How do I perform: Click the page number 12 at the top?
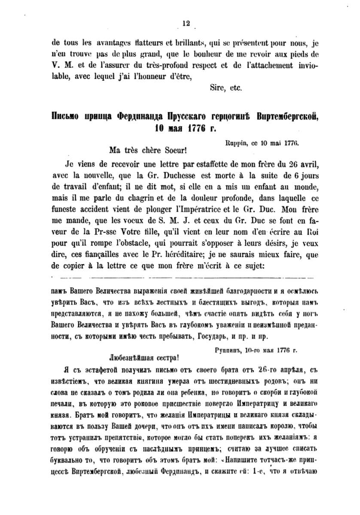tap(186, 24)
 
